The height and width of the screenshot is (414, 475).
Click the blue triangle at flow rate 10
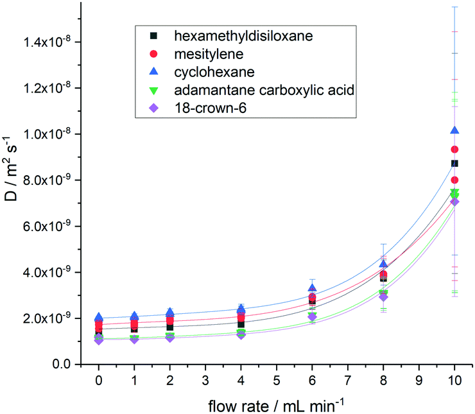tap(455, 130)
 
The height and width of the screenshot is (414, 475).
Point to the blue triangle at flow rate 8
tap(384, 264)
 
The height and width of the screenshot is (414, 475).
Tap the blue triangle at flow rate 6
tap(313, 288)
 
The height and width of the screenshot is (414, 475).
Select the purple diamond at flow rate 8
tap(384, 297)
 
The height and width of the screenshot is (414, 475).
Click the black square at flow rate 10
tap(455, 164)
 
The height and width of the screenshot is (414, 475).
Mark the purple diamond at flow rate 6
tap(313, 316)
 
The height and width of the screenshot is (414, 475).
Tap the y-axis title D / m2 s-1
tap(14, 186)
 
